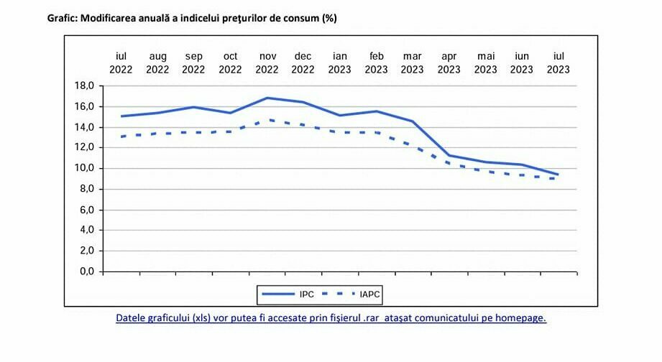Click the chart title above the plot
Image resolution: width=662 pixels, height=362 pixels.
point(192,19)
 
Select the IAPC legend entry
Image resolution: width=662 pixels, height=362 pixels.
point(358,294)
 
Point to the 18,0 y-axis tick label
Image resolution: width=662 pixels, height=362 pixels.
point(85,86)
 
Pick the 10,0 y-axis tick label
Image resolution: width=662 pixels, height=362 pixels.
point(85,169)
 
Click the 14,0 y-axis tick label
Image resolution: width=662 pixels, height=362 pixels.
point(85,127)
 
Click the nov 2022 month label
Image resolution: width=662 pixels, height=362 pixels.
point(267,63)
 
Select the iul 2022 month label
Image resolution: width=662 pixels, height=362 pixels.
point(121,63)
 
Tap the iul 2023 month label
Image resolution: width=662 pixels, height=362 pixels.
point(558,63)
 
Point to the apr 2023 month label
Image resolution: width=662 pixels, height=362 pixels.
point(449,63)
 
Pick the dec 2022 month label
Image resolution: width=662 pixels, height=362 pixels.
point(303,63)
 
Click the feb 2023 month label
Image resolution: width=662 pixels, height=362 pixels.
point(376,63)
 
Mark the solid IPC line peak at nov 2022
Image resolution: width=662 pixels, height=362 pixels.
point(267,98)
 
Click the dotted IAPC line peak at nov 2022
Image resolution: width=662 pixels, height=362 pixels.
point(267,120)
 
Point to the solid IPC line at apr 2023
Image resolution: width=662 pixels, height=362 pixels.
point(449,155)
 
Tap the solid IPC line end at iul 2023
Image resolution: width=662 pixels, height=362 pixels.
point(558,174)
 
